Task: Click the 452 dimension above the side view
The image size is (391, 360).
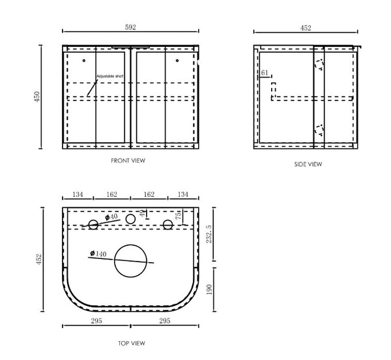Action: (x=306, y=28)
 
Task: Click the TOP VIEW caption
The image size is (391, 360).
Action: (x=132, y=343)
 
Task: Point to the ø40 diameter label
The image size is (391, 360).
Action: (x=111, y=217)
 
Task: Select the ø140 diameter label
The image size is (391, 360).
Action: (x=96, y=254)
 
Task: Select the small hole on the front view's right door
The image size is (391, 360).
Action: (x=177, y=61)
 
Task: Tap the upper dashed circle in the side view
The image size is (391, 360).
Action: (x=319, y=64)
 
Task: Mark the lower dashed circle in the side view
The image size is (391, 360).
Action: (x=319, y=130)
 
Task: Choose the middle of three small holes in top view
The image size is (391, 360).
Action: (x=130, y=218)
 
